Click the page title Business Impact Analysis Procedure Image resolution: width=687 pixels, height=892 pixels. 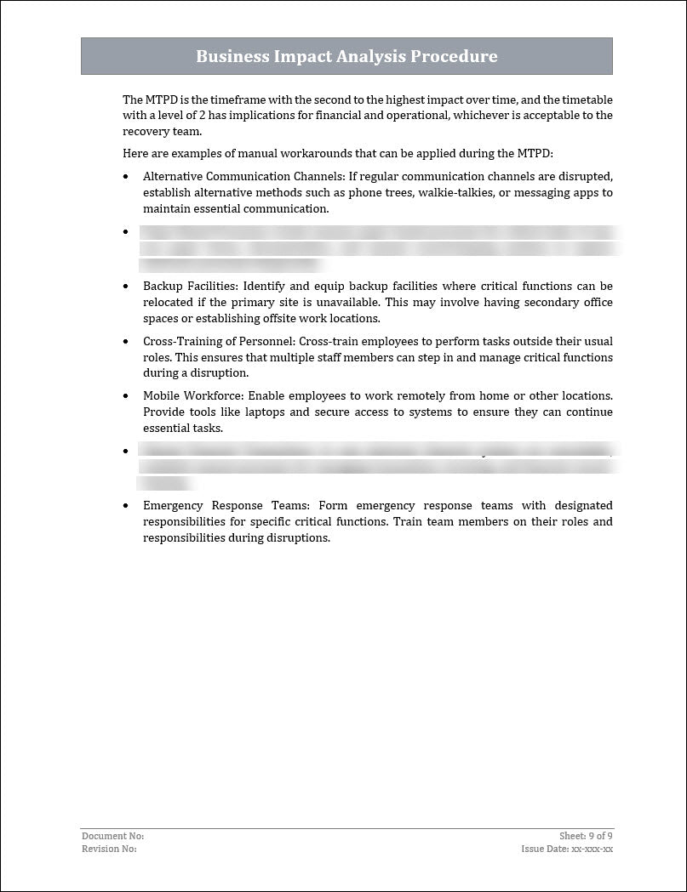[x=346, y=57]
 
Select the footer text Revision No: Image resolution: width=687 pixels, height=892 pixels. [x=109, y=849]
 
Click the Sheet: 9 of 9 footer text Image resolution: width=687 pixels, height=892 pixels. [x=586, y=837]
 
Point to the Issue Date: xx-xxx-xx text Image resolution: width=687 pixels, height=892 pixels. [x=567, y=849]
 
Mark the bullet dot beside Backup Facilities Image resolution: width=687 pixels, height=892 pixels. [x=126, y=287]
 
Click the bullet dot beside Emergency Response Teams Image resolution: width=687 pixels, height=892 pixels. [x=126, y=506]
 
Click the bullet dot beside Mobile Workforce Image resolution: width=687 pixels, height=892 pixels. [x=126, y=396]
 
